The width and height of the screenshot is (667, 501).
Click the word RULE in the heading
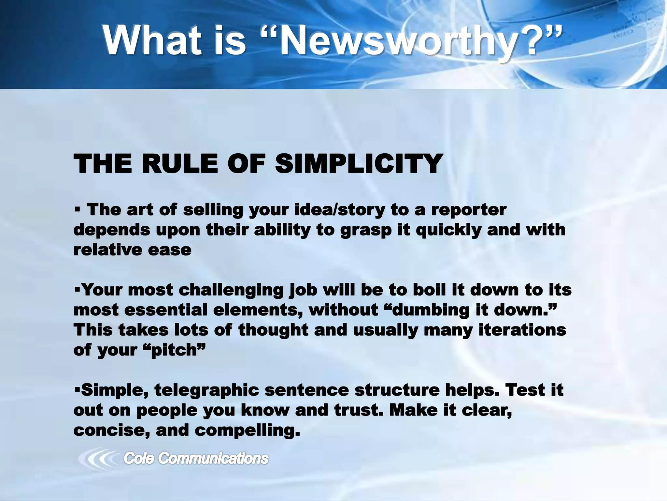(x=179, y=164)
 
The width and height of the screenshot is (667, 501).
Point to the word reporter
(x=469, y=210)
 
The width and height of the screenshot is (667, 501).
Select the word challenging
(x=231, y=290)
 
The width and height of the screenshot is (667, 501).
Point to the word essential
(x=166, y=310)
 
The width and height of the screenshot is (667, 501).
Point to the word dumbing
(x=430, y=310)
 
